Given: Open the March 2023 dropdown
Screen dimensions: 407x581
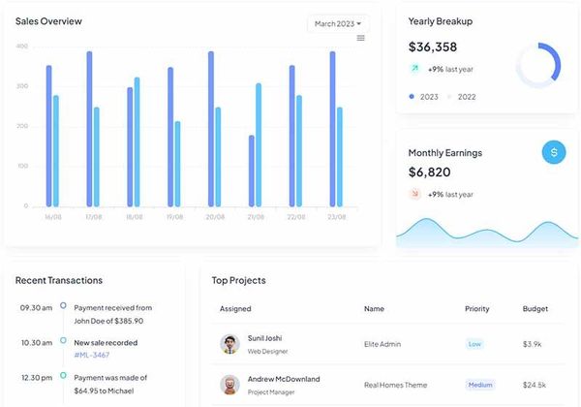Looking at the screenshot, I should (337, 23).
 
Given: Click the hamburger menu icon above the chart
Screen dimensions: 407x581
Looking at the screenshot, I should (361, 38).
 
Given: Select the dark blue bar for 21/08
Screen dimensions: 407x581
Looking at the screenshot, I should (252, 171).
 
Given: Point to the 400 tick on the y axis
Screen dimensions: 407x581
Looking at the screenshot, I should (22, 47).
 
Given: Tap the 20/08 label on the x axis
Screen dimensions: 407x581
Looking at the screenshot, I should (215, 217).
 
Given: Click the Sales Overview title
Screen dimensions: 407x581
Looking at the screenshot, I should (48, 21).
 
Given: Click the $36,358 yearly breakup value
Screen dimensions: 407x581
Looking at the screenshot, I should (433, 47).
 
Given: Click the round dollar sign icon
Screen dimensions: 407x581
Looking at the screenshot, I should (554, 152).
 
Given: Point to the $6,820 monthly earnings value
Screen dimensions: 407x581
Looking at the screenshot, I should (429, 172).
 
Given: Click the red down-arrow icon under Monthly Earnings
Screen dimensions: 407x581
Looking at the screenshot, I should (414, 194).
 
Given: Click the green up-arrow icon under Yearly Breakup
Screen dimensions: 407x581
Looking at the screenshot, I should (414, 69).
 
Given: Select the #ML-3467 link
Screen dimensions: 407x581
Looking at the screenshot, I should (92, 356).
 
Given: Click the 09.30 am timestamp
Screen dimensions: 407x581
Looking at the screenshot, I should (36, 307).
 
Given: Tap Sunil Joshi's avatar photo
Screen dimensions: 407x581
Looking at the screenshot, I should (229, 344).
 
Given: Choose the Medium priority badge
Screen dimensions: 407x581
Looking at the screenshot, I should (480, 385).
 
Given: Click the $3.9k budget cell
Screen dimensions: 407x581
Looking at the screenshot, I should (532, 344).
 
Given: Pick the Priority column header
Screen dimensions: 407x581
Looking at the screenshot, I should (477, 309).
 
